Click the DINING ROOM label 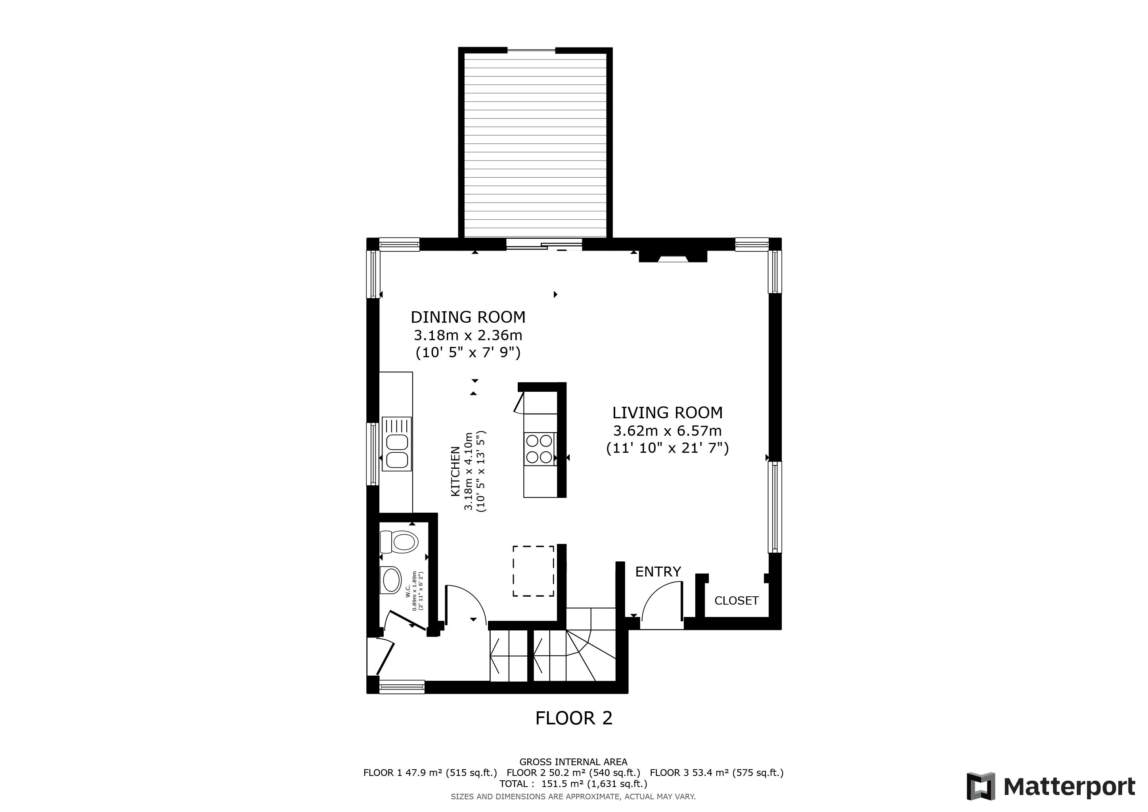[x=468, y=317]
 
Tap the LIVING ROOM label [x=668, y=412]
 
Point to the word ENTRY [x=658, y=571]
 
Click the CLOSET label [x=737, y=601]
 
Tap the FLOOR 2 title [x=574, y=718]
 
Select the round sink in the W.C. [x=390, y=580]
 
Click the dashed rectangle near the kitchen [x=533, y=571]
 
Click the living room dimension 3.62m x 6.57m [x=668, y=431]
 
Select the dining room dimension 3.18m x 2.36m [x=468, y=335]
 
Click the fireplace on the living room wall [x=673, y=257]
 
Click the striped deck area [x=536, y=145]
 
